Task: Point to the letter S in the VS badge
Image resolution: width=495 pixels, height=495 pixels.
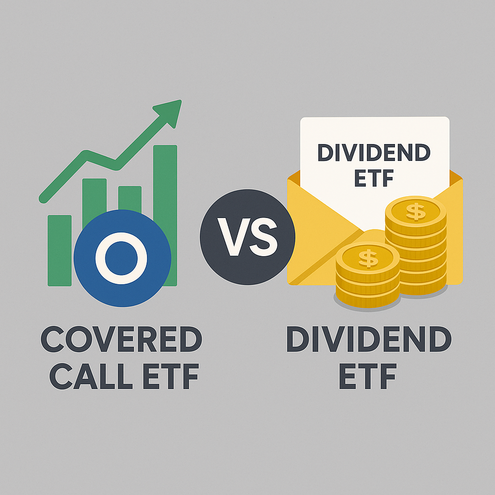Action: [263, 236]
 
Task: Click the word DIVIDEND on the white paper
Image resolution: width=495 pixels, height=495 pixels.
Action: [374, 153]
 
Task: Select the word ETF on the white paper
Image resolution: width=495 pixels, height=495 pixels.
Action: [374, 178]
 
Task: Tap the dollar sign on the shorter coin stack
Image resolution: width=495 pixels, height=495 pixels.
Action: [368, 258]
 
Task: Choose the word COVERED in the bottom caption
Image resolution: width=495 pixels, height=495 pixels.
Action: [121, 340]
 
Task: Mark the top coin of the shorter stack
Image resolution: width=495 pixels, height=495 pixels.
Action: [368, 258]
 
